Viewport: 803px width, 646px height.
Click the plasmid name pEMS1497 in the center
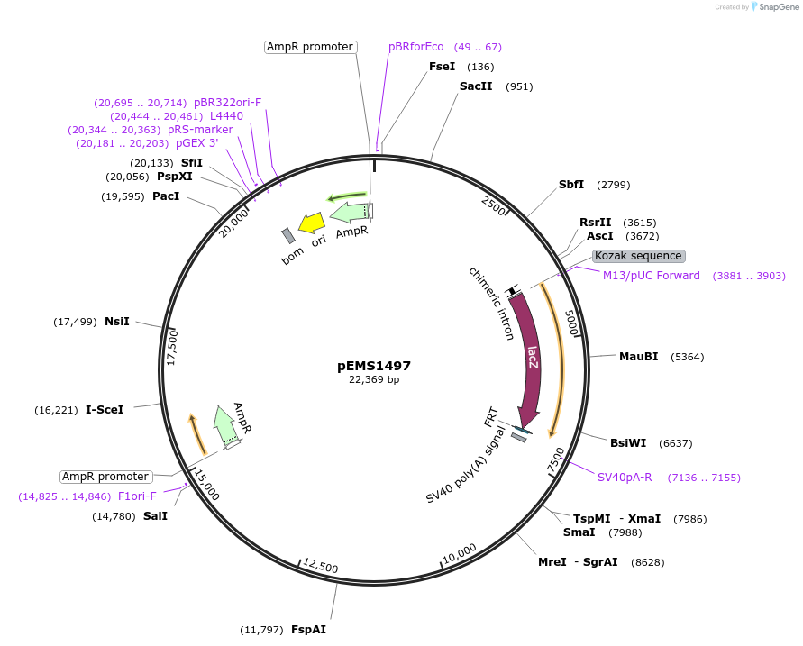point(374,366)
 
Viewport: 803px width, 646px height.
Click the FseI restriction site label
point(442,67)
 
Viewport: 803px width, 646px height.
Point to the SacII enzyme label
point(475,86)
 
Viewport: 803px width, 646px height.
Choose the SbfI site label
point(571,185)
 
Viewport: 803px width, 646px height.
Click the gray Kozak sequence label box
point(638,256)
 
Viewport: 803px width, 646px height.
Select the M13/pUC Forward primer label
point(651,276)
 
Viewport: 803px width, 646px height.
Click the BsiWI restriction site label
point(628,443)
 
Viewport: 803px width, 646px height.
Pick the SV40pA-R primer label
point(625,478)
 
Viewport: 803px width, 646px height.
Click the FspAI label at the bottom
point(308,630)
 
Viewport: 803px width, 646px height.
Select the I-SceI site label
point(105,409)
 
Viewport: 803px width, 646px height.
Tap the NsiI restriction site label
point(117,322)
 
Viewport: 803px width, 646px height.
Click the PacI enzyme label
point(166,196)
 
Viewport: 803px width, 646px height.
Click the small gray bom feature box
point(288,235)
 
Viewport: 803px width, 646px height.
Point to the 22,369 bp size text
point(374,380)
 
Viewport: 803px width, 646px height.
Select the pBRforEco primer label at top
point(416,47)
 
